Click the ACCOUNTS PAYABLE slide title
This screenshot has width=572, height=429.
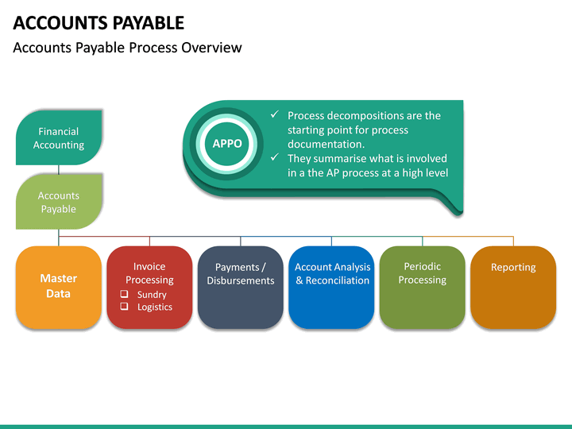pos(99,22)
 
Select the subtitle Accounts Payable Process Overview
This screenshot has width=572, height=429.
pos(127,48)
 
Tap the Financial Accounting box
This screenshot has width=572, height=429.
pos(59,138)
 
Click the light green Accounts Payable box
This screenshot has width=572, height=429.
pos(59,202)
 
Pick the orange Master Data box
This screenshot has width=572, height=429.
pos(59,287)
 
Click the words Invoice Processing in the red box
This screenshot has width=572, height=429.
pos(149,273)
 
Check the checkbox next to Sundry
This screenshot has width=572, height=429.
pos(124,294)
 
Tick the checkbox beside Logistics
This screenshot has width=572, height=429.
pos(124,307)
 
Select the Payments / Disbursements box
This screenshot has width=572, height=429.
pos(241,287)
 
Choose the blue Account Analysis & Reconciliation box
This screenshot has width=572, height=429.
pos(331,287)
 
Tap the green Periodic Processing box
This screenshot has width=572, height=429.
pos(422,287)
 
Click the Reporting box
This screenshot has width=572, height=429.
pos(513,287)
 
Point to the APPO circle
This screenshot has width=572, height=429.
pos(227,144)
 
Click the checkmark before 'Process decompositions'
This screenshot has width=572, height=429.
pos(274,115)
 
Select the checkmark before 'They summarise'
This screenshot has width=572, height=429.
pos(274,158)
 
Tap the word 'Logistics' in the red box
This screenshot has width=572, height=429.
pos(154,307)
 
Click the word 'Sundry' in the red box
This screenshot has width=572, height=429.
pos(152,295)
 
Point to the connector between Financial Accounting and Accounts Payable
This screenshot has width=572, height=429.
pos(59,169)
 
